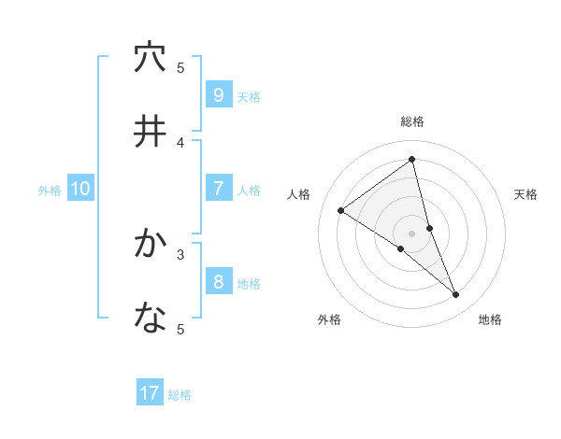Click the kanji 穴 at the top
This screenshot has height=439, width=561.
(150, 58)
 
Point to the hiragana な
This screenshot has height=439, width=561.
(150, 319)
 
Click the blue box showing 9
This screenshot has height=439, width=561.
(218, 94)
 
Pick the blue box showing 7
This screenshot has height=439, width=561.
(218, 189)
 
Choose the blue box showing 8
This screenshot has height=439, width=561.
(218, 281)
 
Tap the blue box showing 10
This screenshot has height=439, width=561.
(80, 189)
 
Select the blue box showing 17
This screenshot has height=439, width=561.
(150, 393)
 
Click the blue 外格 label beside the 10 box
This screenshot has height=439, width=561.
(50, 191)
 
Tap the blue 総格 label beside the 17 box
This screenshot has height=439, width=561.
(180, 395)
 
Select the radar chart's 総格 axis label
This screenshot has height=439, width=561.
(412, 121)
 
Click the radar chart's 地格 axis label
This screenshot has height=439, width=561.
(490, 319)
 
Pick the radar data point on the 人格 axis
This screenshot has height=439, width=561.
(340, 210)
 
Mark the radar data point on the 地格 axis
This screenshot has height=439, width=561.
(456, 294)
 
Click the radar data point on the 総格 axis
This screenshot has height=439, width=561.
(412, 159)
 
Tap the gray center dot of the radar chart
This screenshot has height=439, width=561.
(412, 233)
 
